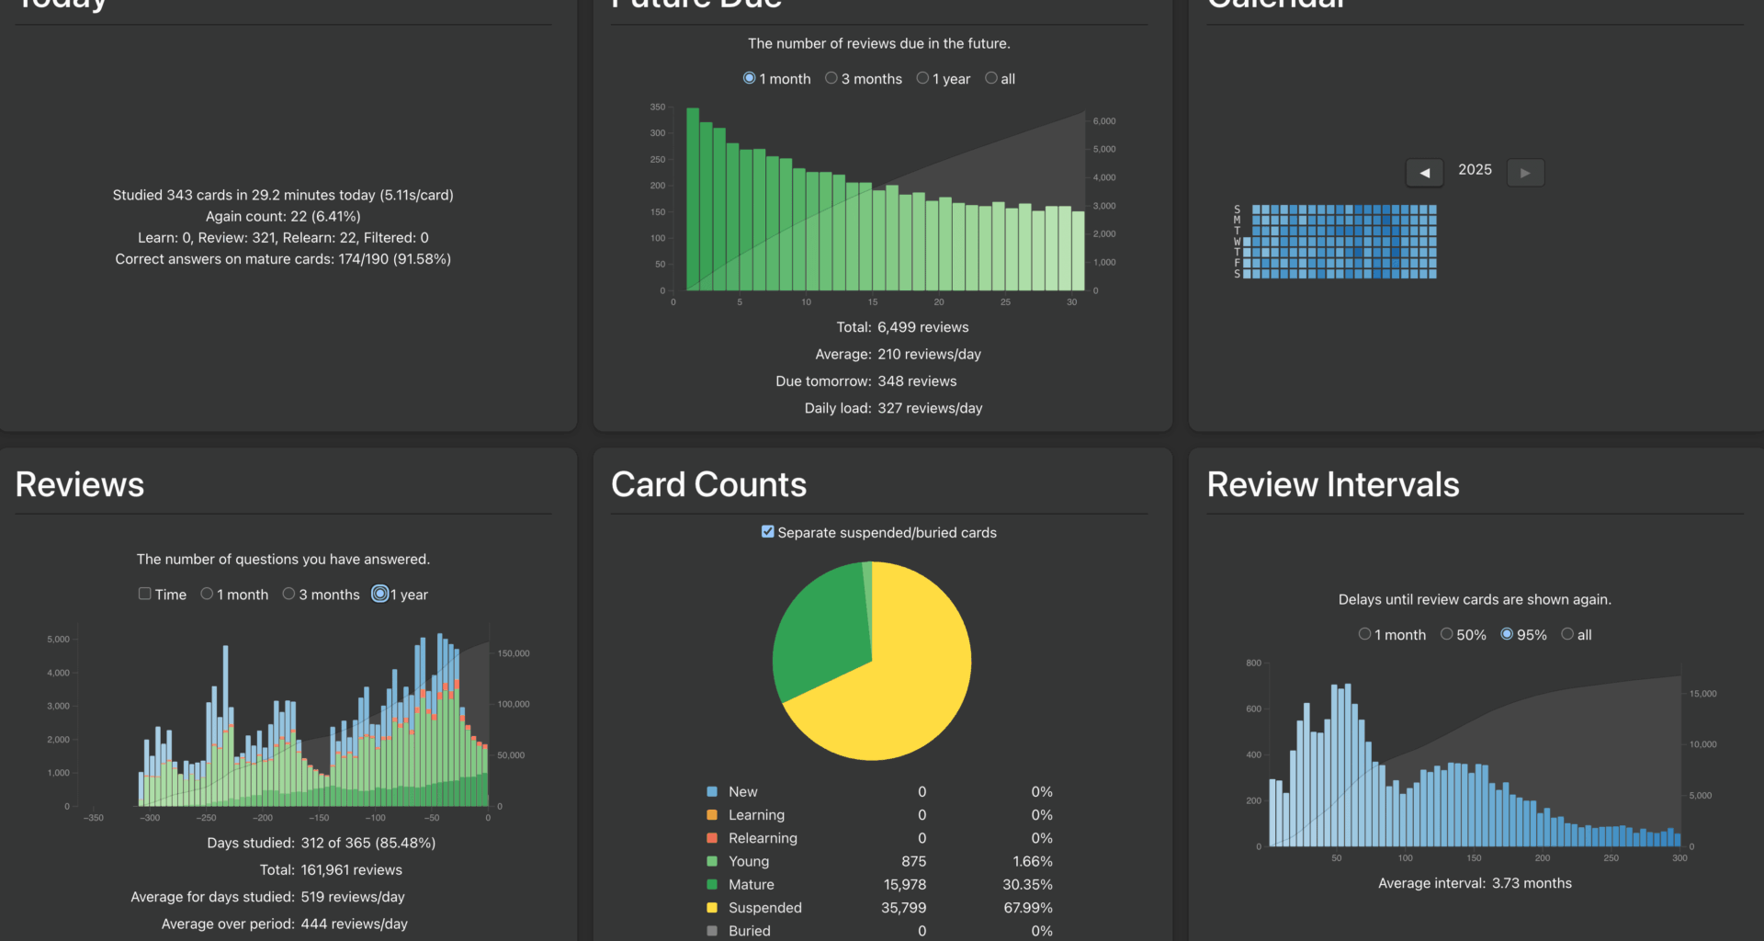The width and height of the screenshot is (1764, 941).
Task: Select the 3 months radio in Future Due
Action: pos(831,78)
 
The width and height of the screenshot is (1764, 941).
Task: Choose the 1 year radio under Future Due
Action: pos(922,78)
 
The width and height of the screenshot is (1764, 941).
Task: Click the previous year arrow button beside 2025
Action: pos(1424,172)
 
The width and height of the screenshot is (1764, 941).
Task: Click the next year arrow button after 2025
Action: pos(1525,172)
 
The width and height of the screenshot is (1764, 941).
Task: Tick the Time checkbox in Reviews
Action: pos(145,594)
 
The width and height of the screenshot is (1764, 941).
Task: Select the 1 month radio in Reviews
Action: pos(207,594)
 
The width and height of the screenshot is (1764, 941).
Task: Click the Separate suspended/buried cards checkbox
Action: pos(768,531)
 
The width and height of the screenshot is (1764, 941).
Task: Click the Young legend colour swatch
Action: pos(712,861)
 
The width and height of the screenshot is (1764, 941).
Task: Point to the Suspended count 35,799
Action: pos(903,907)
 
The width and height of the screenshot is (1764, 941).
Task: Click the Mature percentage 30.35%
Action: pos(1027,884)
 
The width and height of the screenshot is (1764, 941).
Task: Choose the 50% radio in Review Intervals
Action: pos(1447,634)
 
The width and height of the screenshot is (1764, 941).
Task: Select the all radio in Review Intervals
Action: pos(1567,634)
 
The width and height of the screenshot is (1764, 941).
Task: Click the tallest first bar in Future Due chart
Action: pos(693,202)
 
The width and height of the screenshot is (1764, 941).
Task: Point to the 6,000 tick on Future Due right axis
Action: pos(1104,121)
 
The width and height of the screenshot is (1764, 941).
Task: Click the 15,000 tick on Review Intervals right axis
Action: pos(1702,694)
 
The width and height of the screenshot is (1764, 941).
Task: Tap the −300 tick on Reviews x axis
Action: pos(150,818)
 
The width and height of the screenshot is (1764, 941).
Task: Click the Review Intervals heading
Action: pos(1332,484)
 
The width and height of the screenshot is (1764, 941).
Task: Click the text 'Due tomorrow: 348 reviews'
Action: pos(865,380)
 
